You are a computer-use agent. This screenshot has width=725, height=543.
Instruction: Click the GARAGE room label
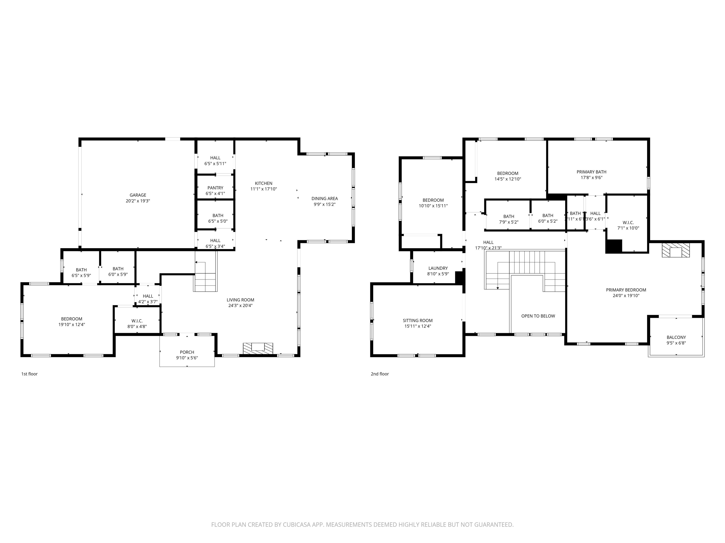(x=138, y=195)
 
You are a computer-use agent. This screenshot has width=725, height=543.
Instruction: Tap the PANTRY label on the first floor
(x=215, y=188)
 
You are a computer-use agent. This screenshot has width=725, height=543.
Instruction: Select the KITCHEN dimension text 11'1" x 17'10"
(x=264, y=189)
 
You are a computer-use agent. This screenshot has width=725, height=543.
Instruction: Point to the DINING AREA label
(x=325, y=198)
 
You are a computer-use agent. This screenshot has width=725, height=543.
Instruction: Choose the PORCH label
(x=187, y=352)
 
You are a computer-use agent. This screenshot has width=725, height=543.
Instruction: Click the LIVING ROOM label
(x=240, y=300)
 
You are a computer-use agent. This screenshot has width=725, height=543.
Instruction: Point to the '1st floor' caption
(x=30, y=374)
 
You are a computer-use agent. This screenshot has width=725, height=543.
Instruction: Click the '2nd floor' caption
(x=379, y=374)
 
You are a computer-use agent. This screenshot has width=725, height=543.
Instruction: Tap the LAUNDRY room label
(x=438, y=268)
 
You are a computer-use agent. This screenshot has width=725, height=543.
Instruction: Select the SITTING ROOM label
(x=417, y=321)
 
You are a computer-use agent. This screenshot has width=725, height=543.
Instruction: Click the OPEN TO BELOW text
(x=538, y=316)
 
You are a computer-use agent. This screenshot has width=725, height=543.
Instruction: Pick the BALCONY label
(x=676, y=337)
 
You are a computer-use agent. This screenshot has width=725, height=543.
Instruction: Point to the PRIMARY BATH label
(x=591, y=172)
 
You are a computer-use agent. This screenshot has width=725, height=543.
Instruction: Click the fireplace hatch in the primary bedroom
(x=675, y=250)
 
